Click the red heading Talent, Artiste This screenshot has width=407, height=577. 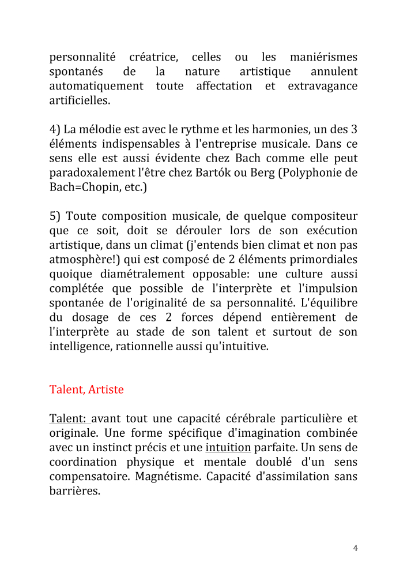coord(86,389)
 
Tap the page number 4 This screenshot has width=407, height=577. coord(356,548)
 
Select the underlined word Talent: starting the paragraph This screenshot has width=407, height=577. coord(69,418)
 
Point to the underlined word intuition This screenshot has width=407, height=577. coord(228,447)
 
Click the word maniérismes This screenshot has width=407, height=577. coord(323,57)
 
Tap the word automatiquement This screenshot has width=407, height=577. coord(96,86)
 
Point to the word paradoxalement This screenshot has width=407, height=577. coord(92,173)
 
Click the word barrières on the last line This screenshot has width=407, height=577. coord(74,491)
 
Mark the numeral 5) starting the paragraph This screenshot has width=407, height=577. coord(55,216)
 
